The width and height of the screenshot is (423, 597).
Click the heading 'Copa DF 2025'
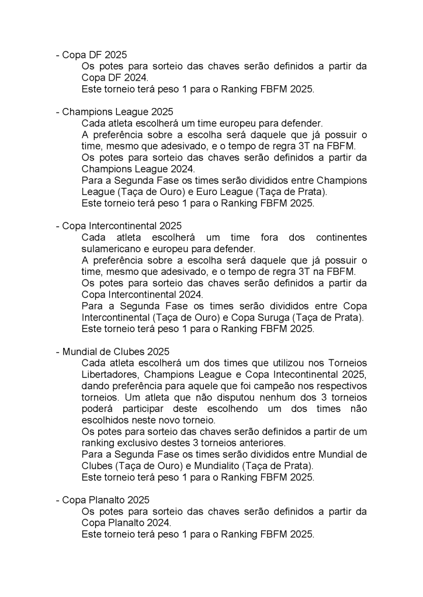click(94, 55)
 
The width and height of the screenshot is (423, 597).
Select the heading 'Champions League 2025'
click(117, 111)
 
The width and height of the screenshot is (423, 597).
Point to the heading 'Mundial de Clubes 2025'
click(116, 352)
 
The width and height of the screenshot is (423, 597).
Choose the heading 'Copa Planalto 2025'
click(106, 500)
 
